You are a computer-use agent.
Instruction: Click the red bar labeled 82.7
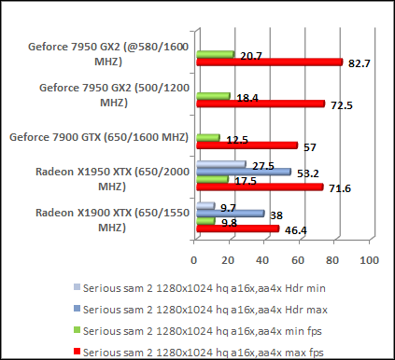[269, 62]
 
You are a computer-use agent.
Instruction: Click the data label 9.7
[227, 205]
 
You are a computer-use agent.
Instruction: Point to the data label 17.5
[244, 180]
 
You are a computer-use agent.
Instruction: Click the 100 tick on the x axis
[369, 258]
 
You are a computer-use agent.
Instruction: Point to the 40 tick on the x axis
[264, 258]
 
